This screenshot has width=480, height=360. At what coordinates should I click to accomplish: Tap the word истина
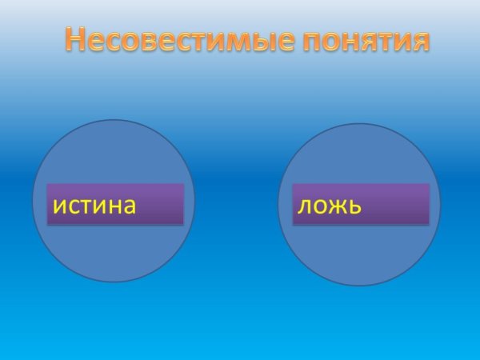94,205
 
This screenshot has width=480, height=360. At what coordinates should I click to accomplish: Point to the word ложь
330,206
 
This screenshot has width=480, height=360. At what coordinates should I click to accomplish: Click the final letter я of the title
418,41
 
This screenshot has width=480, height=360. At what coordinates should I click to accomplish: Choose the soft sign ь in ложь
354,206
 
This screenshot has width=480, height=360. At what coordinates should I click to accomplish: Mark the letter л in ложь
303,206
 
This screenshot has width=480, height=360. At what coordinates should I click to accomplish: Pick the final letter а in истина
126,206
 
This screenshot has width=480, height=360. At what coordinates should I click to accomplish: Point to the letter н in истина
112,206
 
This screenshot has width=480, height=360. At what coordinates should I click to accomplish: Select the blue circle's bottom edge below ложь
359,285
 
